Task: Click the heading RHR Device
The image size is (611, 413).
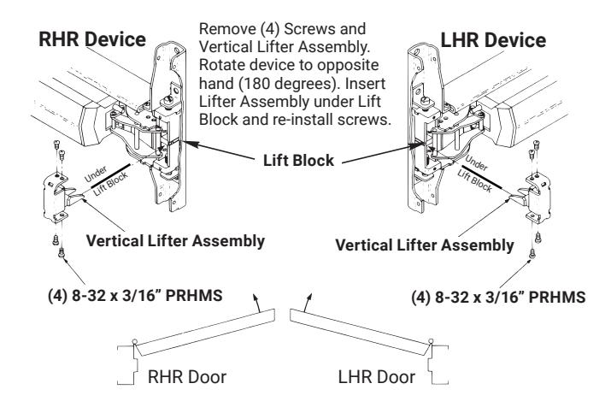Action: (x=92, y=39)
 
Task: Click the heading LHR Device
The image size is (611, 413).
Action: (x=493, y=40)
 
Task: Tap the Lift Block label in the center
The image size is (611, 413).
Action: (x=298, y=160)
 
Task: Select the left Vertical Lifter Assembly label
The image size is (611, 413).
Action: (x=175, y=240)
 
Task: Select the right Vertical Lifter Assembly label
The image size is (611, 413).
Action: (x=425, y=245)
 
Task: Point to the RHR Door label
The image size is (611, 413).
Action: (x=187, y=377)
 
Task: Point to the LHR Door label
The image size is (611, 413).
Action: (x=376, y=377)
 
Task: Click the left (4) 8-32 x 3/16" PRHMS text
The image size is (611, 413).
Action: (x=135, y=295)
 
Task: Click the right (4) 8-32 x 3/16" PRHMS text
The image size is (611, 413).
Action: (x=498, y=298)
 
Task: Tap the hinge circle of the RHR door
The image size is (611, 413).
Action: (x=134, y=342)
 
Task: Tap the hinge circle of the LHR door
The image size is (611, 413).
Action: (x=431, y=342)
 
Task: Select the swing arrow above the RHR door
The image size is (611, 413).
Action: (x=256, y=304)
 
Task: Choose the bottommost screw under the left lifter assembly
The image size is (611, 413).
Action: (x=61, y=253)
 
